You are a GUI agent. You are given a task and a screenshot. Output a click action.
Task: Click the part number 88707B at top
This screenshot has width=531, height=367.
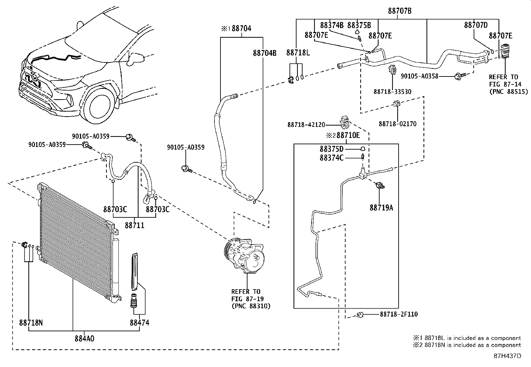[x=399, y=11]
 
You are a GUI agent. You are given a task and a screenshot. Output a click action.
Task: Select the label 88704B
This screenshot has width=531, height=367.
[x=264, y=53]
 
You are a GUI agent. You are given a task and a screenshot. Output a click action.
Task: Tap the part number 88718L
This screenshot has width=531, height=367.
[x=298, y=52]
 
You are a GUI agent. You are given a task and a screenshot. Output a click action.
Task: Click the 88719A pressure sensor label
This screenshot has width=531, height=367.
[x=381, y=208]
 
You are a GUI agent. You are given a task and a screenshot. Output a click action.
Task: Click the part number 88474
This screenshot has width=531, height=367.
[x=139, y=323]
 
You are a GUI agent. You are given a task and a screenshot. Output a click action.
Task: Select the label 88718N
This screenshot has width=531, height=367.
[x=31, y=323]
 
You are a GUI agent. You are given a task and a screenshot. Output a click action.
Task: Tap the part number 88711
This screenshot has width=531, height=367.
[x=134, y=225]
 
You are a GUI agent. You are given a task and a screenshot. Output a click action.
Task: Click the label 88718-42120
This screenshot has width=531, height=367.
[x=306, y=125]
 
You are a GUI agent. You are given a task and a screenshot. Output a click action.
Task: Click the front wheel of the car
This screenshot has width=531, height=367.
[x=98, y=105]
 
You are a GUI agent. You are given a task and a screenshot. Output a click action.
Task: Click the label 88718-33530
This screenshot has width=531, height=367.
[x=392, y=91]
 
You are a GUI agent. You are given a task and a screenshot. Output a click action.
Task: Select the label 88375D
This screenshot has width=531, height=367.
[x=331, y=149]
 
